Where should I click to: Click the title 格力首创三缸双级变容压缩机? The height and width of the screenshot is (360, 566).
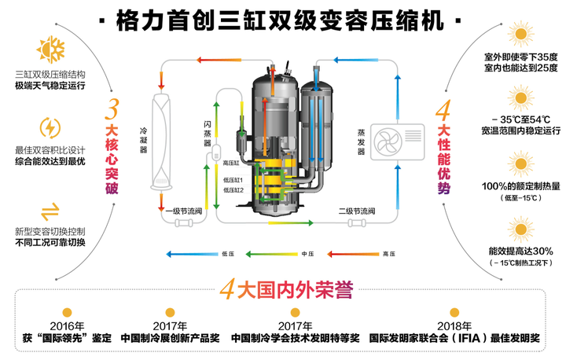[282, 17]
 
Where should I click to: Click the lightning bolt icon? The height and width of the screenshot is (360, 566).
[50, 127]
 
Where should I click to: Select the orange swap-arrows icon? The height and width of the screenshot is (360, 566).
[50, 208]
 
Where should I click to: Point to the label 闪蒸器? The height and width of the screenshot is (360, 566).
[207, 127]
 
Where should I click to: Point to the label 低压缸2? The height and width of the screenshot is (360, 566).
[233, 190]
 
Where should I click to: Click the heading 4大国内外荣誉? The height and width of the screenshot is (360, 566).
[282, 287]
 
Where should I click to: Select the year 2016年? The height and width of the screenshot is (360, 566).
[67, 325]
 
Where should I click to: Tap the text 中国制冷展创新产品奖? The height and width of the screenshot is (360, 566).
[170, 338]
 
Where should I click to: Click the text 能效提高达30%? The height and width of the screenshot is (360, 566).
[520, 251]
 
